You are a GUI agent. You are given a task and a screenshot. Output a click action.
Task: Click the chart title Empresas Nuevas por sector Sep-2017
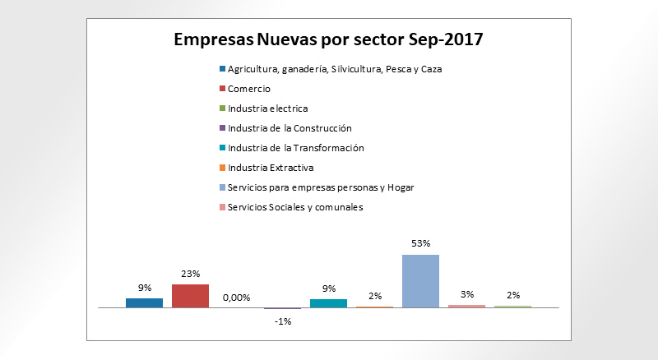(327, 39)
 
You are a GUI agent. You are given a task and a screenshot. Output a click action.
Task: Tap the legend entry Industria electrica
(268, 108)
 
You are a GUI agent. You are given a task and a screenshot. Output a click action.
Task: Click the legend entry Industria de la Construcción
(290, 128)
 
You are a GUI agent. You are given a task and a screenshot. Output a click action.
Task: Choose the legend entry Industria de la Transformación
(295, 148)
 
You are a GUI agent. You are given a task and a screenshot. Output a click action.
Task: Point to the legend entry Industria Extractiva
(271, 168)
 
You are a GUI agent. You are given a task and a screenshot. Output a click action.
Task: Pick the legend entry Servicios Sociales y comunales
(295, 207)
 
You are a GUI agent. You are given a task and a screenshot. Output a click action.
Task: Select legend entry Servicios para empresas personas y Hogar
(321, 187)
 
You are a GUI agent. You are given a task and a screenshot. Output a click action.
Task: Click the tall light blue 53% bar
(420, 281)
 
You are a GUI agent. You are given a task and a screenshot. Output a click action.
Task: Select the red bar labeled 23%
(190, 296)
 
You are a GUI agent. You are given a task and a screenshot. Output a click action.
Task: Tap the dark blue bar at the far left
(144, 302)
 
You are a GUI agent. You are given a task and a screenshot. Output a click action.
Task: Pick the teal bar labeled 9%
(328, 303)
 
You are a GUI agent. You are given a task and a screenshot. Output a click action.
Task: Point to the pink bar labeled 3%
(466, 306)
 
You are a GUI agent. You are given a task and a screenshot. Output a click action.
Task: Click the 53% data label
(421, 244)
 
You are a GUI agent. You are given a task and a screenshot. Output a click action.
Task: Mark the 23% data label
(191, 274)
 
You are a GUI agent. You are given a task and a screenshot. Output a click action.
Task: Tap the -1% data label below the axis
(283, 321)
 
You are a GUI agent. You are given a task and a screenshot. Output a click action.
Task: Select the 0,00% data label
(237, 298)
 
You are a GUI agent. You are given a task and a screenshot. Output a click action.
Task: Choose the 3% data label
(467, 294)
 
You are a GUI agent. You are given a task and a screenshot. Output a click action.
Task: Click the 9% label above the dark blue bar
(144, 288)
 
